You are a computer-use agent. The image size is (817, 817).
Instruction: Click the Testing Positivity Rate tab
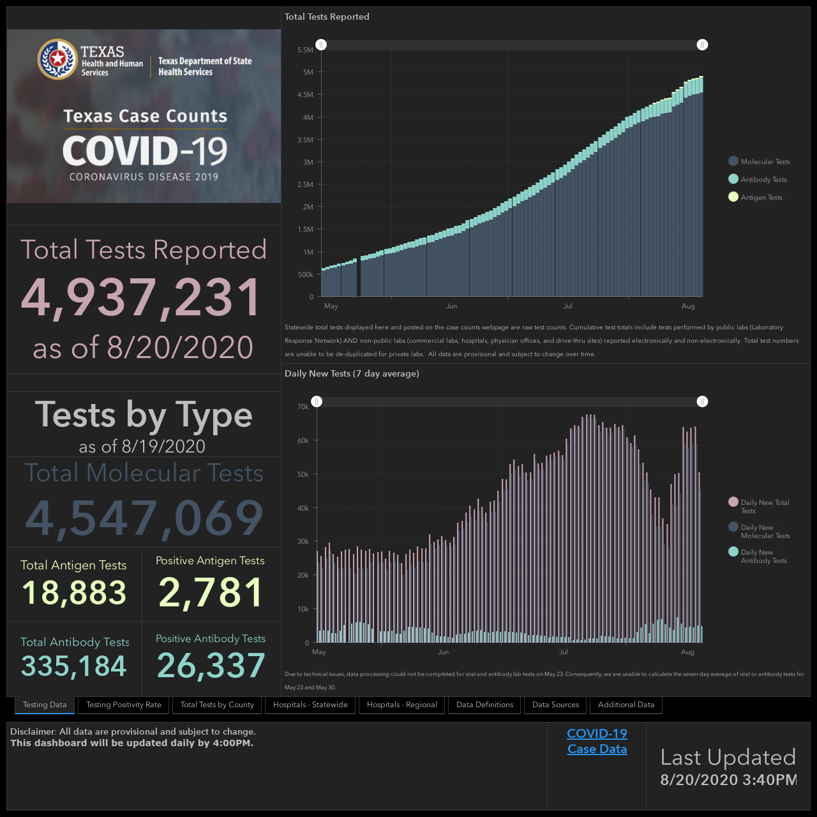[123, 705]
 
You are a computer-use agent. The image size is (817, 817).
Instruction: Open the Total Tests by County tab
[217, 705]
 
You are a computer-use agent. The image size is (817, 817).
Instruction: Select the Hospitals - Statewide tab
[310, 705]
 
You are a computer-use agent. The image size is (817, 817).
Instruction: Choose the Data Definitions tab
[484, 705]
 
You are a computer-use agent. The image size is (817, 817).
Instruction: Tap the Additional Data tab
[626, 705]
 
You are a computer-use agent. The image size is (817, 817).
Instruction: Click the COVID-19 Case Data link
[597, 741]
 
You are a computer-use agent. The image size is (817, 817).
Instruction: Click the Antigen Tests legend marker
[733, 197]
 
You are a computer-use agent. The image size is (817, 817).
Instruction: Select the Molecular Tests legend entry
[759, 161]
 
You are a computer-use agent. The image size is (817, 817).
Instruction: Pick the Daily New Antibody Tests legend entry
[758, 556]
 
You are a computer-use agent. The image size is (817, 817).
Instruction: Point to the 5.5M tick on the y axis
[305, 50]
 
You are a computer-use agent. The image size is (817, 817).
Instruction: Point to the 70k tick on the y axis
[303, 407]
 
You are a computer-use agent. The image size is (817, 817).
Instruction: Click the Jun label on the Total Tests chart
[451, 306]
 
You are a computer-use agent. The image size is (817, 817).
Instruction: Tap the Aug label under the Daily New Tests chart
[687, 652]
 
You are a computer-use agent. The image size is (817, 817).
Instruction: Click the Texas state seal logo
[57, 59]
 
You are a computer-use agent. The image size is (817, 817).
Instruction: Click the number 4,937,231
[141, 297]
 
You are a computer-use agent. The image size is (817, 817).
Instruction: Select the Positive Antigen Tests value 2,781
[211, 592]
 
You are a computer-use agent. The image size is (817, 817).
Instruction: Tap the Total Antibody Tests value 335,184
[74, 666]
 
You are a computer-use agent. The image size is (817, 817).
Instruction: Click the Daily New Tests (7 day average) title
[352, 373]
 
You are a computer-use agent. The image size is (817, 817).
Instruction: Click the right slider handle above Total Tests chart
[702, 45]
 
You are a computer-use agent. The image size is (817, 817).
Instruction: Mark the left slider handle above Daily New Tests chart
[317, 401]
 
